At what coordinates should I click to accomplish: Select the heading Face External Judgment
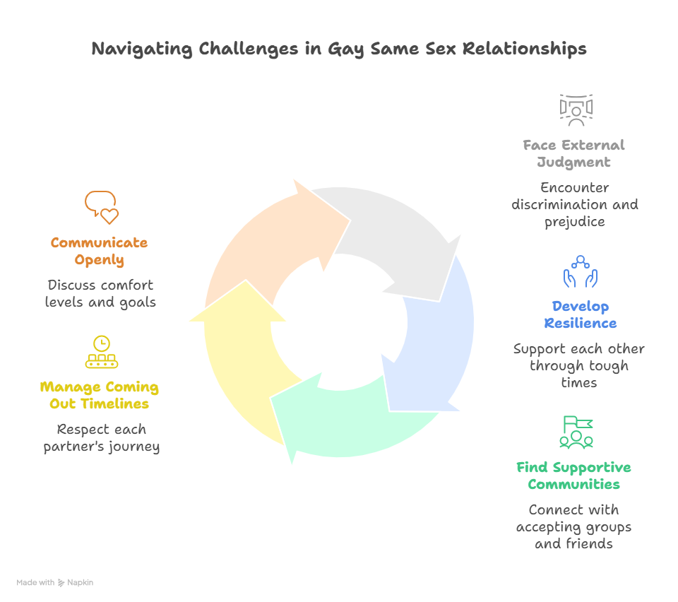pos(574,153)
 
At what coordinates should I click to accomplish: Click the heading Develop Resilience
pos(580,314)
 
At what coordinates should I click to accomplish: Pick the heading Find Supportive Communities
pos(573,476)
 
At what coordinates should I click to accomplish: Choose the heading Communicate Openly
pos(100,251)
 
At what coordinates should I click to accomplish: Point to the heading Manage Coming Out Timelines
pos(100,396)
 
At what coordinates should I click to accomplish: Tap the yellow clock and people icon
pos(102,352)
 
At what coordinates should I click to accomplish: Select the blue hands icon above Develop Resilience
pos(580,272)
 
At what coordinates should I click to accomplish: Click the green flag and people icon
pos(576,432)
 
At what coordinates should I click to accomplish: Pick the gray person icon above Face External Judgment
pos(576,110)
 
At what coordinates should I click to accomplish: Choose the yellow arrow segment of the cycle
pos(240,353)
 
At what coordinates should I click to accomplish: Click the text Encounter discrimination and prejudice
pos(574,205)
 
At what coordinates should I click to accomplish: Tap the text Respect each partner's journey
pos(101,438)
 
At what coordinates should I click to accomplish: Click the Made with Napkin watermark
pos(55,583)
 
